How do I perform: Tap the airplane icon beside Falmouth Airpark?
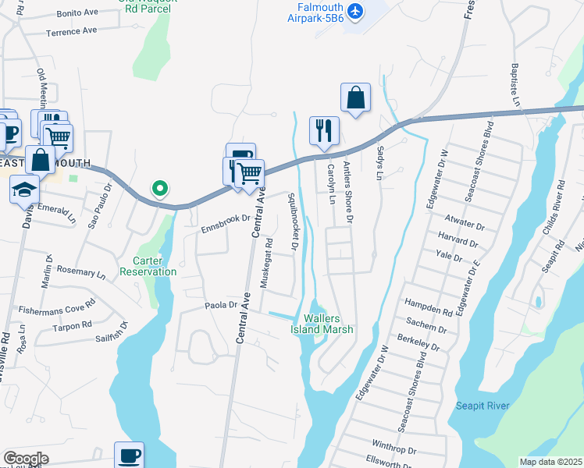pyautogui.click(x=355, y=10)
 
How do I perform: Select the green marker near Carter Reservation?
pyautogui.click(x=160, y=188)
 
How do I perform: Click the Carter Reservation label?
pyautogui.click(x=148, y=266)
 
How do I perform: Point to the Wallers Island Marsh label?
pyautogui.click(x=328, y=324)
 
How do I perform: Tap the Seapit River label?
pyautogui.click(x=483, y=406)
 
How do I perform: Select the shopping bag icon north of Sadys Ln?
pyautogui.click(x=355, y=97)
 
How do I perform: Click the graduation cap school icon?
pyautogui.click(x=25, y=189)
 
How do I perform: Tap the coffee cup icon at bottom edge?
pyautogui.click(x=129, y=456)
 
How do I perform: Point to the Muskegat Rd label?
pyautogui.click(x=267, y=263)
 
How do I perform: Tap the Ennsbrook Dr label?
pyautogui.click(x=225, y=224)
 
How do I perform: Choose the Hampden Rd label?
pyautogui.click(x=428, y=306)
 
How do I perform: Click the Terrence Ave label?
pyautogui.click(x=71, y=30)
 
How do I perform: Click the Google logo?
pyautogui.click(x=26, y=459)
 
